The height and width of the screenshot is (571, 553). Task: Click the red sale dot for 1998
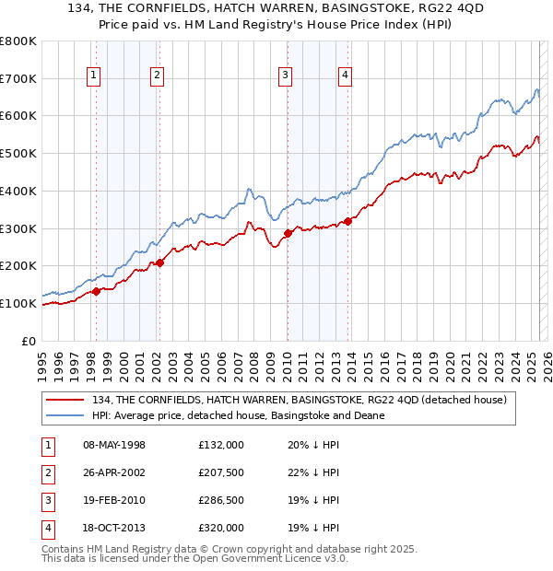96,291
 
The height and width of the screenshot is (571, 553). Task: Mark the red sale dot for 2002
159,262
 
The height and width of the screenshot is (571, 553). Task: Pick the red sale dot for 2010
287,233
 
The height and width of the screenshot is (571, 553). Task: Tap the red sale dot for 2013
347,221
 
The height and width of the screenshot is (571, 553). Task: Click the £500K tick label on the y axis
18,154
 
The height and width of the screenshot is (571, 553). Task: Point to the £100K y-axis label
18,303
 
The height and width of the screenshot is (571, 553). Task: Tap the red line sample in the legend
66,400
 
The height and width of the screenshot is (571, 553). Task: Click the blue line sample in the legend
66,415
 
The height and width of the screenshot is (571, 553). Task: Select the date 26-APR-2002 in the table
114,472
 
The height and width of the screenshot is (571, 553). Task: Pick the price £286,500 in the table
221,500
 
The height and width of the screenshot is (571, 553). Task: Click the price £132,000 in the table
221,445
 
